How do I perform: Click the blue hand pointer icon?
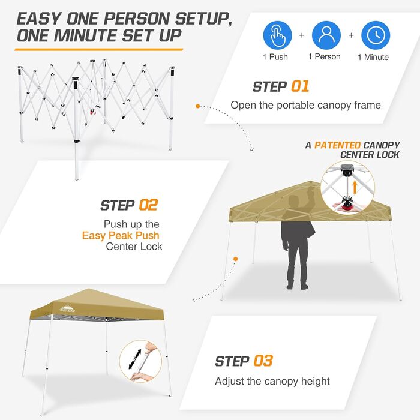(277, 35)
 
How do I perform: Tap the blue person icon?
(326, 35)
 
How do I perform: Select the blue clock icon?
(376, 35)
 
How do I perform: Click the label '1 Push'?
(275, 57)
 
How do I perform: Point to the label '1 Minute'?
(373, 57)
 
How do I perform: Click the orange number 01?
(300, 86)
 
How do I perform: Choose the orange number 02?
(148, 205)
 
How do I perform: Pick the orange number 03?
(263, 361)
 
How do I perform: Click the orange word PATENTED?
(337, 145)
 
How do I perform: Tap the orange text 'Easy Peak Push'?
(121, 235)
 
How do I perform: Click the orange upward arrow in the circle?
(355, 187)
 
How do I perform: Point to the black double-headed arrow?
(135, 359)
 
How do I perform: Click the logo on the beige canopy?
(67, 309)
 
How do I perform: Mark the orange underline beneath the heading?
(99, 50)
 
